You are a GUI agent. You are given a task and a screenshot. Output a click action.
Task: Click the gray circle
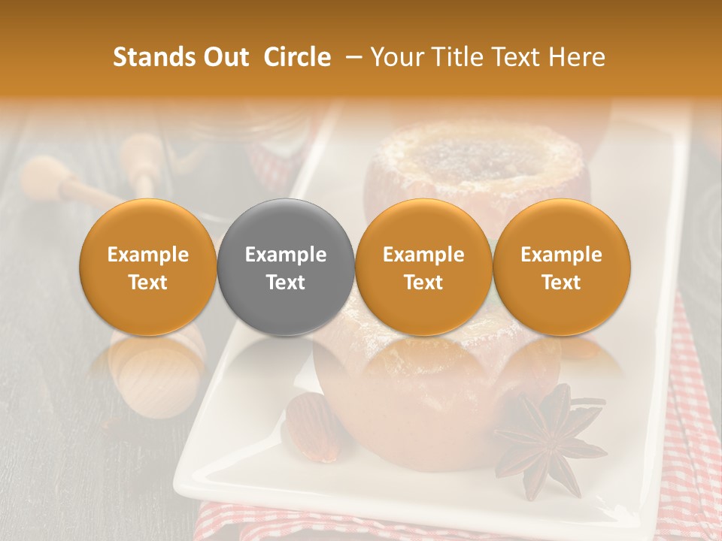[286, 267]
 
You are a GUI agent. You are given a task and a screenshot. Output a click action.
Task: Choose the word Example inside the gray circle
[286, 255]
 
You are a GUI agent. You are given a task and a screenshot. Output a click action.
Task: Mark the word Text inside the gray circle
[286, 283]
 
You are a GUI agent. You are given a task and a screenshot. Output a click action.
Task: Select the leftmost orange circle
[148, 267]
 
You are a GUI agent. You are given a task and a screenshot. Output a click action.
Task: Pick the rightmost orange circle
[561, 267]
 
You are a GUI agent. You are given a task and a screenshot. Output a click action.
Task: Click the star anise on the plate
[549, 436]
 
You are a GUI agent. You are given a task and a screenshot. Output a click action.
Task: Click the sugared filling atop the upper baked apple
[478, 158]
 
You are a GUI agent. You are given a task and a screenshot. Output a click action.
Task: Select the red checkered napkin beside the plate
[696, 421]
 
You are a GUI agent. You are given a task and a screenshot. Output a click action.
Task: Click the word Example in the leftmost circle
[148, 255]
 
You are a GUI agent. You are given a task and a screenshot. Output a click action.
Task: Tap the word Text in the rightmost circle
[561, 283]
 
